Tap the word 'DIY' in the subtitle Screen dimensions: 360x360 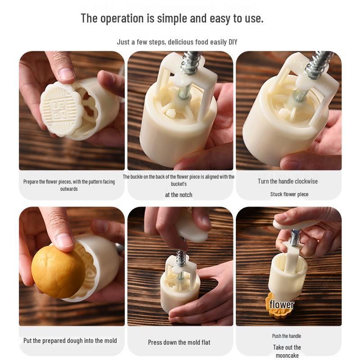233,42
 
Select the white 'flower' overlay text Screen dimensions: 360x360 282,305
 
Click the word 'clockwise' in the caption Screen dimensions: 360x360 306,181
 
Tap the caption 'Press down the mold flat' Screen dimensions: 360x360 179,342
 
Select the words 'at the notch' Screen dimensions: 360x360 179,195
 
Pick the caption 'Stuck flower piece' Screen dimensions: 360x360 289,194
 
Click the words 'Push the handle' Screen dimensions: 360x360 287,336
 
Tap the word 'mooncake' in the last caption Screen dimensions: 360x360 287,355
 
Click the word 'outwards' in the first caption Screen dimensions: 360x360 69,189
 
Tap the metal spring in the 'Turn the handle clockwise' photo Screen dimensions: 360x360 319,63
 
